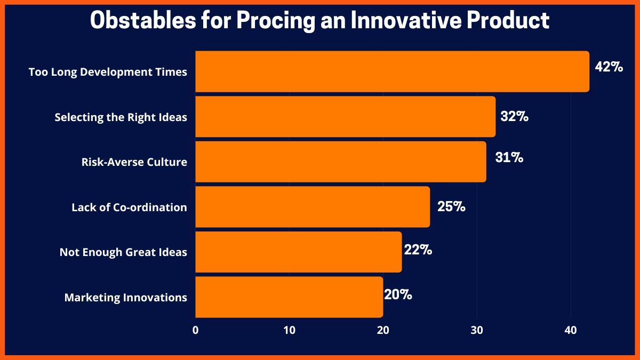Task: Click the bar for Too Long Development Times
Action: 393,71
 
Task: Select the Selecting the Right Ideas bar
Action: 346,117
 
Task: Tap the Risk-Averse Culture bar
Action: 341,162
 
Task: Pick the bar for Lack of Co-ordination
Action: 313,207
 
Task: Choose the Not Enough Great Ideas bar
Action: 299,252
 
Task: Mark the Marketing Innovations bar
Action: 289,297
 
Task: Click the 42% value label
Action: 609,67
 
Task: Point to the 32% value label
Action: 514,116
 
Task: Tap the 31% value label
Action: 509,157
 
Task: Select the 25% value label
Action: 451,206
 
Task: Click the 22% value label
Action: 418,250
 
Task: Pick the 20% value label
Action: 398,294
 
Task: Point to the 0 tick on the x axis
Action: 195,330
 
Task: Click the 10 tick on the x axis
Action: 289,330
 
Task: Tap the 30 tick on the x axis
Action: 477,330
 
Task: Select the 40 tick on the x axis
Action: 571,330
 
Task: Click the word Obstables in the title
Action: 143,20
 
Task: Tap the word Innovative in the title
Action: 406,20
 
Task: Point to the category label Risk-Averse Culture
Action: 134,162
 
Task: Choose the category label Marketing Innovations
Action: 126,298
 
